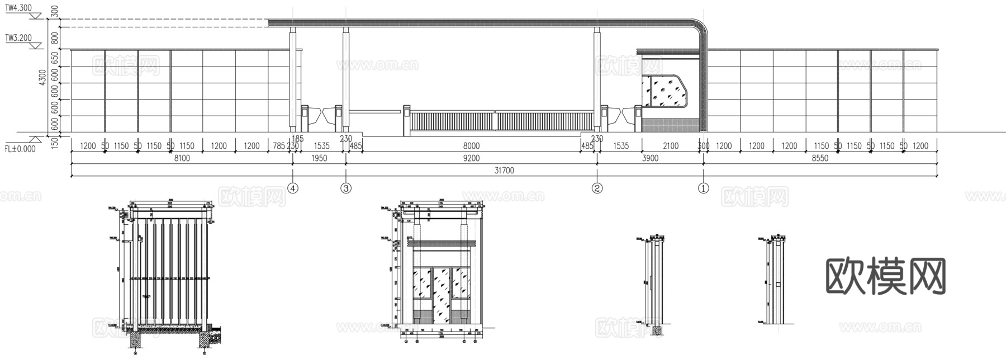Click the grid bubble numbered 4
293,188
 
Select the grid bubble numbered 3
346,188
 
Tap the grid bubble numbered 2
597,188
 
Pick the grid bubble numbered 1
704,188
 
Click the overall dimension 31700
504,170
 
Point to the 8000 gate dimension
472,146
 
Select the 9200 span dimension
472,158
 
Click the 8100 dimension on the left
182,158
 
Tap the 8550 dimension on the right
820,158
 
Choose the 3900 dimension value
650,158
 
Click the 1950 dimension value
319,158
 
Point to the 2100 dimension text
670,146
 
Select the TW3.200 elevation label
18,38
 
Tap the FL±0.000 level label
20,149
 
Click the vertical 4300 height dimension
43,77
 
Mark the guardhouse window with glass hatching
665,91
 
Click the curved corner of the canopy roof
698,28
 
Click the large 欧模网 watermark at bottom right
885,277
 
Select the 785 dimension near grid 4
278,146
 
